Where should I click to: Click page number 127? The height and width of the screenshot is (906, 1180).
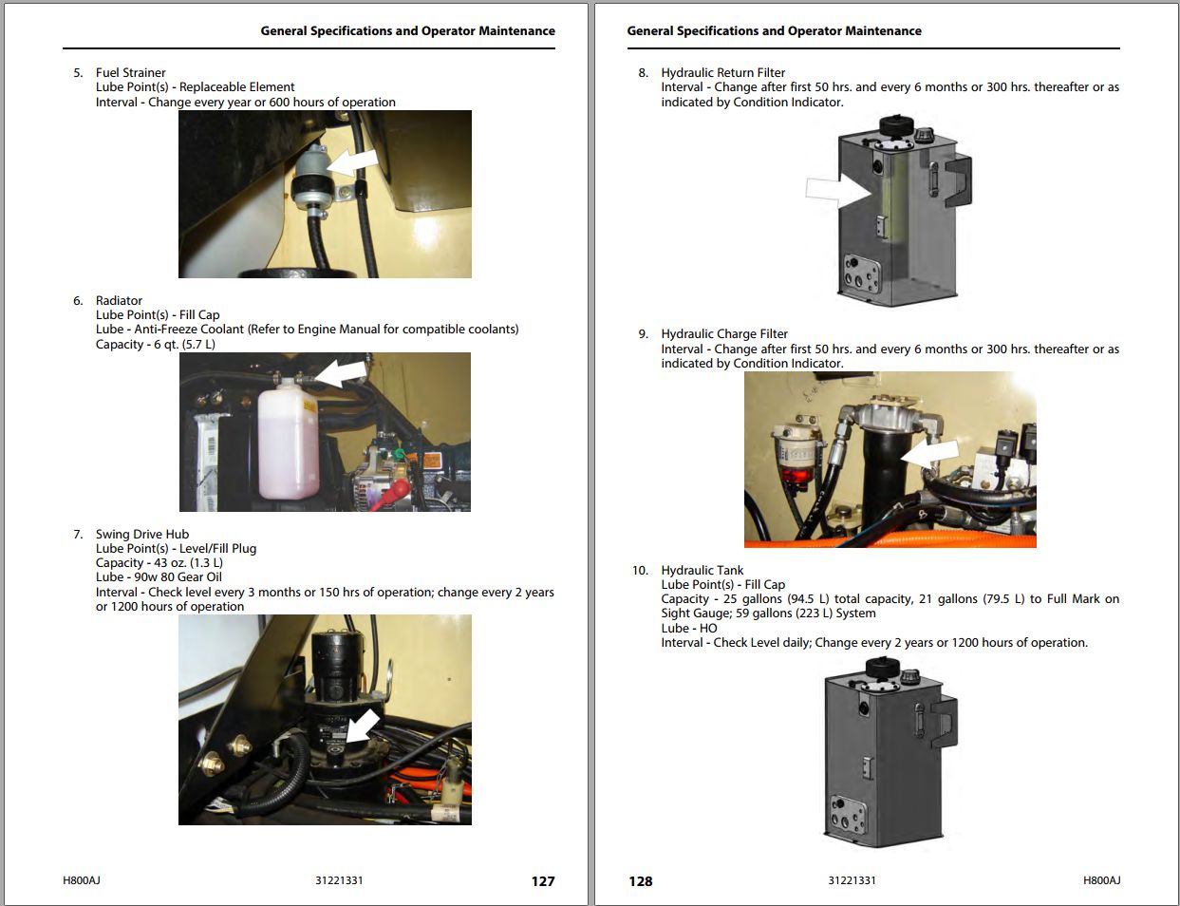point(542,881)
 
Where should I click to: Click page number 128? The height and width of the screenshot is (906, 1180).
point(640,881)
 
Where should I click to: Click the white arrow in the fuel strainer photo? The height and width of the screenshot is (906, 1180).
point(353,161)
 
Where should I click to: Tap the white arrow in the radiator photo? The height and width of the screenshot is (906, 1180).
point(341,372)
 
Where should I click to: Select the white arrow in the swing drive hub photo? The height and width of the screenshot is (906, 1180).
point(364,726)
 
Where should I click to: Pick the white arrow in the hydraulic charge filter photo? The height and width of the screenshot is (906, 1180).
point(929,454)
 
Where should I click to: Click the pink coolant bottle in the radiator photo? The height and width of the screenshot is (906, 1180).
point(288,439)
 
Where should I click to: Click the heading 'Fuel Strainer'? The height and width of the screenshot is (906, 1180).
point(130,72)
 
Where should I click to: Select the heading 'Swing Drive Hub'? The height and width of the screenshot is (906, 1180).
point(142,534)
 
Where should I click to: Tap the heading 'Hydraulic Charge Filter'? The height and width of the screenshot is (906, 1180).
point(724,333)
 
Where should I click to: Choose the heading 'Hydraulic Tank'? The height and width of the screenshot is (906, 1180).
point(702,570)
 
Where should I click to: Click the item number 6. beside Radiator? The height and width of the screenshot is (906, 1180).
point(78,300)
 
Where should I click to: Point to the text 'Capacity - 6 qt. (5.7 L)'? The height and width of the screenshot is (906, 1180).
point(156,344)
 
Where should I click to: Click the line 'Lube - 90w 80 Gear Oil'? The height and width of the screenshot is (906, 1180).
point(159,576)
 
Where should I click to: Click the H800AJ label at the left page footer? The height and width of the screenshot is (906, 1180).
point(82,880)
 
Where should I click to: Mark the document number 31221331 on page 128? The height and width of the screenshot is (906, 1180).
point(852,880)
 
